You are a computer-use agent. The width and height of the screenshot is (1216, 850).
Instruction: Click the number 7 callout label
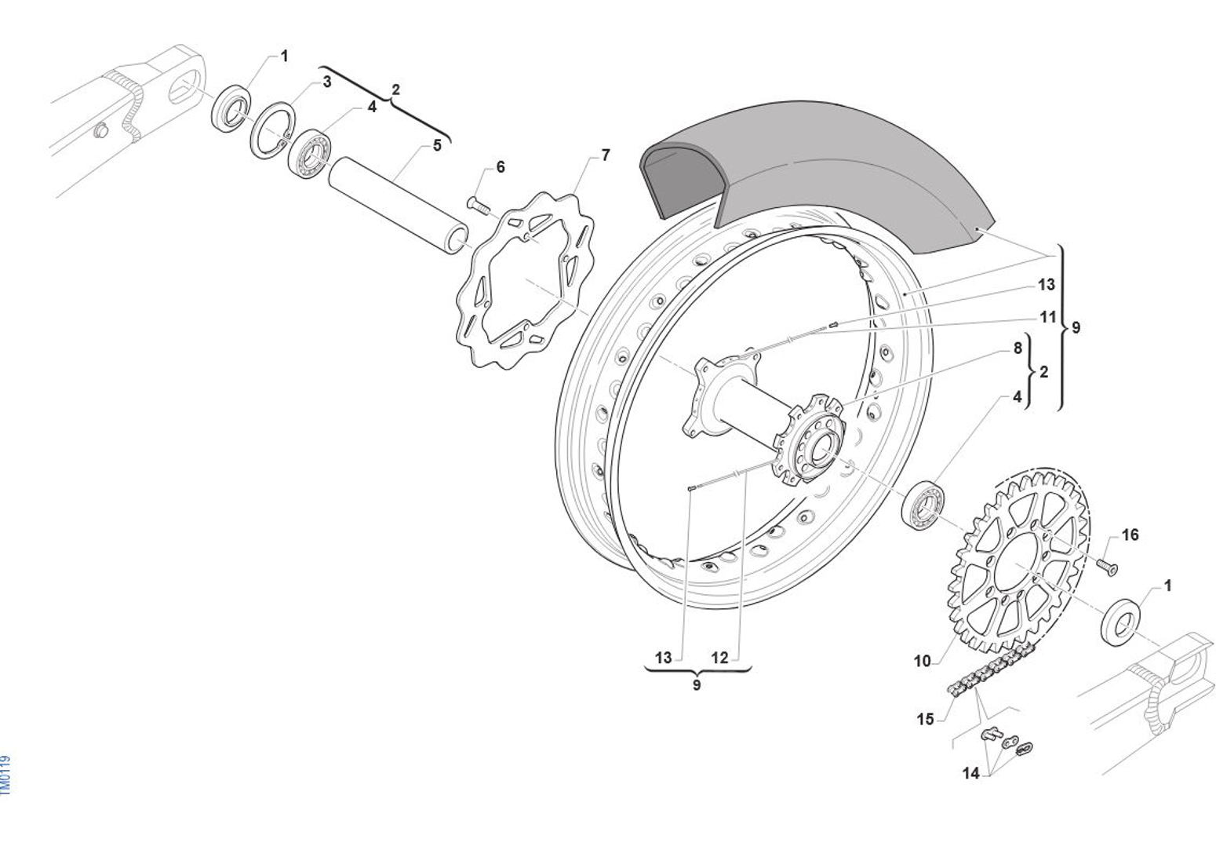coord(605,155)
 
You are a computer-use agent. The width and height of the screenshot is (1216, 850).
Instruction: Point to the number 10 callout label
coord(922,661)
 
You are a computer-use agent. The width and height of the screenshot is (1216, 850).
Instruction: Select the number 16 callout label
coord(1130,535)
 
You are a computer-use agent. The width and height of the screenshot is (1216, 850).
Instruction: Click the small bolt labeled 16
coord(1106,566)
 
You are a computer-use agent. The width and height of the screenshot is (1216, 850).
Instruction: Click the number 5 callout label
coord(437,145)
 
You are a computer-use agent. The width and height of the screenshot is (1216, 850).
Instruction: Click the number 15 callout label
coord(926,719)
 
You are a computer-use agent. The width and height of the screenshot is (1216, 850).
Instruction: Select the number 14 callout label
coord(971,774)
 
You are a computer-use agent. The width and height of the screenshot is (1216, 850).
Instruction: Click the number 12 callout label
coord(719,658)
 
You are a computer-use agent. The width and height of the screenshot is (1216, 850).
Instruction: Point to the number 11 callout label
coord(1049,318)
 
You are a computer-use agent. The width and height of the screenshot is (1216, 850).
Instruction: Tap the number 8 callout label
coord(1018,348)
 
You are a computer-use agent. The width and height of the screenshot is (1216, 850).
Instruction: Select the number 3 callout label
coord(327,81)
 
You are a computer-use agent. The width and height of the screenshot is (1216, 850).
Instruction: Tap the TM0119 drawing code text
coord(6,775)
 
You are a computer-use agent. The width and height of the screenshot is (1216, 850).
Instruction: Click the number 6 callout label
coord(501,167)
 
